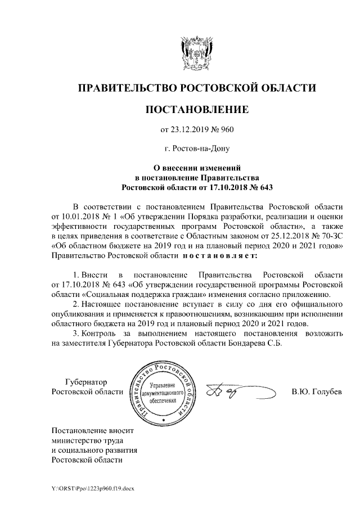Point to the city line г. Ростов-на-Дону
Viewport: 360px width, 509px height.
(x=196, y=149)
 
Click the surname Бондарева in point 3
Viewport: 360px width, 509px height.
(x=254, y=344)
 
